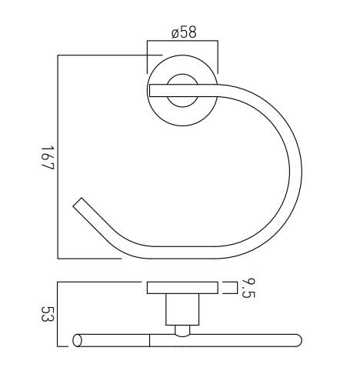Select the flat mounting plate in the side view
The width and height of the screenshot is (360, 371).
(182, 288)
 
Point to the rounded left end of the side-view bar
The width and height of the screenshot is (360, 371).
(77, 339)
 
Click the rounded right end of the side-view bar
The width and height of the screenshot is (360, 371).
(298, 339)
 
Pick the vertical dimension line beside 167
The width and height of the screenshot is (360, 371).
(58, 157)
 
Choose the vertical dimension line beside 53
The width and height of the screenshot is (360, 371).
(58, 315)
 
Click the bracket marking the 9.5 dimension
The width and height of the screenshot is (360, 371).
(230, 288)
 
